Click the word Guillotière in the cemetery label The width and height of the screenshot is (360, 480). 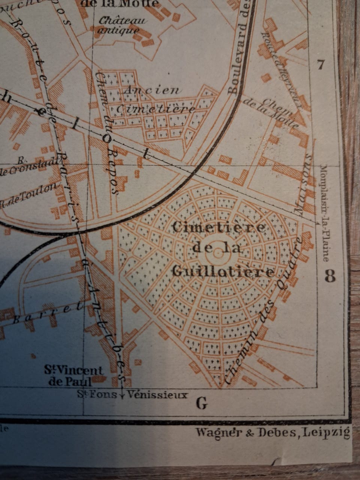click(x=223, y=271)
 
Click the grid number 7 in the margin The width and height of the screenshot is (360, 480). click(x=321, y=65)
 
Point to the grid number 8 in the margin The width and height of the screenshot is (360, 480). click(x=330, y=277)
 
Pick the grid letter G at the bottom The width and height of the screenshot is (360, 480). click(x=201, y=404)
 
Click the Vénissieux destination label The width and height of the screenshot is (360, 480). click(x=157, y=394)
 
